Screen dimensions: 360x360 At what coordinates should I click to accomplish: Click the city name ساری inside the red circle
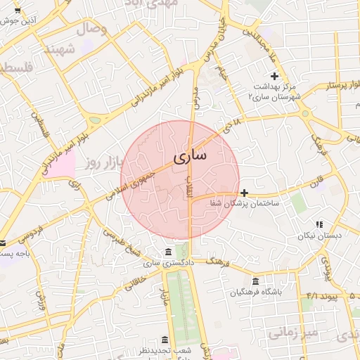pos(188,155)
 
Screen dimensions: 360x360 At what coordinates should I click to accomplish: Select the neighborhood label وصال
pos(92,29)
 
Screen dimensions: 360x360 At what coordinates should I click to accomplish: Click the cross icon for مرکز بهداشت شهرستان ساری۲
pos(274,76)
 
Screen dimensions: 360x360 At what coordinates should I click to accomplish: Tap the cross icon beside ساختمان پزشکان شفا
pos(244,192)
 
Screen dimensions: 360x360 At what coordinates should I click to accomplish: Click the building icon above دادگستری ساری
pos(167,252)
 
